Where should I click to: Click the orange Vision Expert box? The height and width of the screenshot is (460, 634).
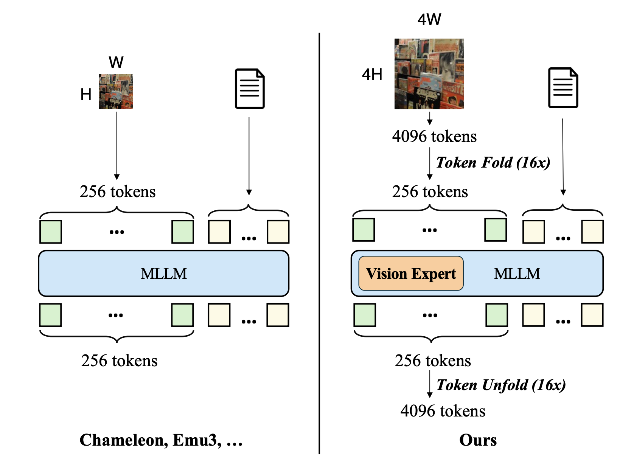click(x=411, y=274)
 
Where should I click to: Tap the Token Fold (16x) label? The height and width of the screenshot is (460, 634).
click(x=493, y=163)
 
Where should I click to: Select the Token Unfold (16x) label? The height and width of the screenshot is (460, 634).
click(x=501, y=385)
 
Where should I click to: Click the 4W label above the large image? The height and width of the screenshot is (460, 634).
click(x=429, y=20)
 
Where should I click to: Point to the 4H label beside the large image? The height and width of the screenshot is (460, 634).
click(x=372, y=74)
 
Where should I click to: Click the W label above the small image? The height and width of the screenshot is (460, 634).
click(x=116, y=62)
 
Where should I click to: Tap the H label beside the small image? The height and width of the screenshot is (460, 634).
click(x=86, y=94)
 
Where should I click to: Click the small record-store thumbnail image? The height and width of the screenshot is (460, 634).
click(x=116, y=91)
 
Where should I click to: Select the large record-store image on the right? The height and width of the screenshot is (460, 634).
click(x=429, y=74)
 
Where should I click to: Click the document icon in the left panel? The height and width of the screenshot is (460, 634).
click(x=250, y=89)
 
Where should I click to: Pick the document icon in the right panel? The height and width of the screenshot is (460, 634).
click(x=563, y=88)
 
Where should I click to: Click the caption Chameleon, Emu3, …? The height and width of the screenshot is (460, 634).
click(x=161, y=440)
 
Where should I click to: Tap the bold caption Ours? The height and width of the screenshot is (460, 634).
click(x=478, y=440)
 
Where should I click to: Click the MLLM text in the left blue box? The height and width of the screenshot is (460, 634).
click(x=163, y=274)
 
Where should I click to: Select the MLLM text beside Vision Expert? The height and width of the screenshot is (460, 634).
click(x=517, y=274)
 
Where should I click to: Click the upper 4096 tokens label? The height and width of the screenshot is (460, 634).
click(x=434, y=137)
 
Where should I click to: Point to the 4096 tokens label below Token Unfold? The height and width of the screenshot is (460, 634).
click(x=443, y=411)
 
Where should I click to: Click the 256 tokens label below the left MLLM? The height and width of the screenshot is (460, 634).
click(x=119, y=361)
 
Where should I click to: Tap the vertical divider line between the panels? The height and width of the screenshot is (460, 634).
click(x=319, y=244)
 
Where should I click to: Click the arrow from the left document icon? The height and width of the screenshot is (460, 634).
click(x=249, y=156)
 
